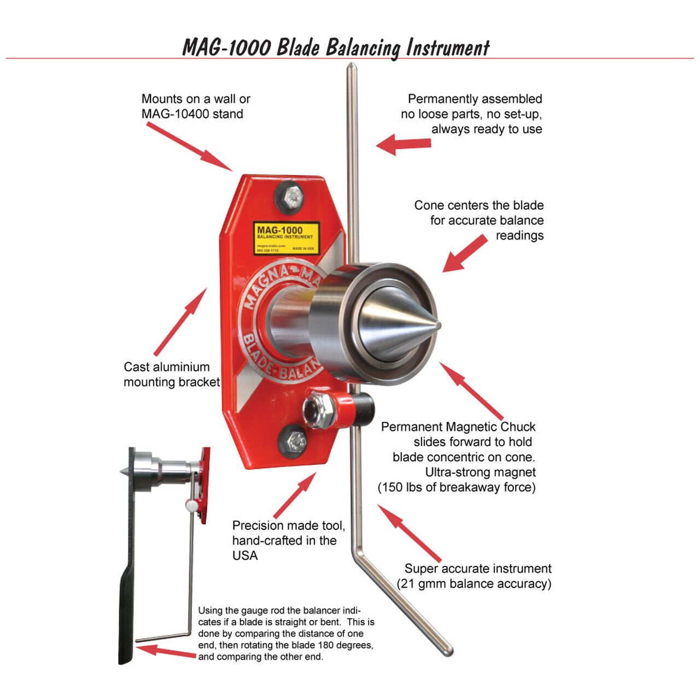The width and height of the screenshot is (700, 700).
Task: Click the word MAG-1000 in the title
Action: (226, 48)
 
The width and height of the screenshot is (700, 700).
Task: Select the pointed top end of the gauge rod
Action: (352, 68)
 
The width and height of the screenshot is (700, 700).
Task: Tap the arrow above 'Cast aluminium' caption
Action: (180, 323)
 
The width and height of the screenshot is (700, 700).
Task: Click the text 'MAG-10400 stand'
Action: (192, 114)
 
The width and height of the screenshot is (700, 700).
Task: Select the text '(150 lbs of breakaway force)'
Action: (457, 487)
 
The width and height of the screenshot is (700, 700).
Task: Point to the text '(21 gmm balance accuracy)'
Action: (474, 584)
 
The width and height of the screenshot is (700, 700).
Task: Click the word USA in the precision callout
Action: (244, 556)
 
